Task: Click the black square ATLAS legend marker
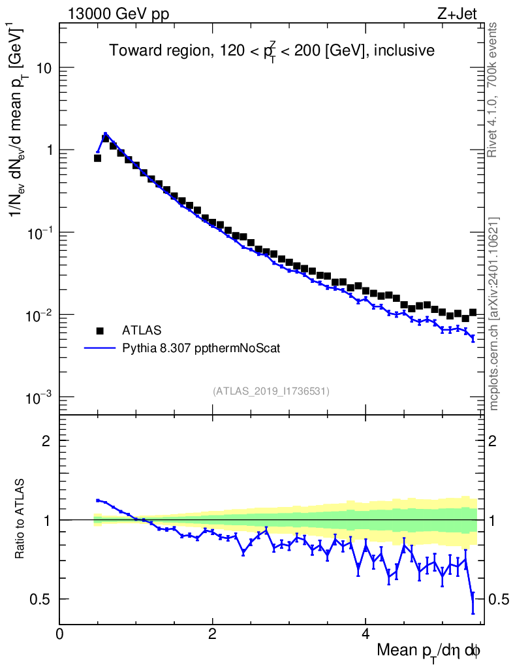point(100,330)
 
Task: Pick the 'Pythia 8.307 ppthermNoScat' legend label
point(201,348)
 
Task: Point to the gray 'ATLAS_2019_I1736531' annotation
point(271,391)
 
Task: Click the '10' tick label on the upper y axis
point(44,68)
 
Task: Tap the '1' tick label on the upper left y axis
point(48,150)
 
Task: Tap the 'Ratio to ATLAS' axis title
point(21,520)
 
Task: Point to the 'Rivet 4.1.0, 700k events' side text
point(493,90)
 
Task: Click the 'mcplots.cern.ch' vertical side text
point(494,314)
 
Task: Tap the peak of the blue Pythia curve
point(105,133)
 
